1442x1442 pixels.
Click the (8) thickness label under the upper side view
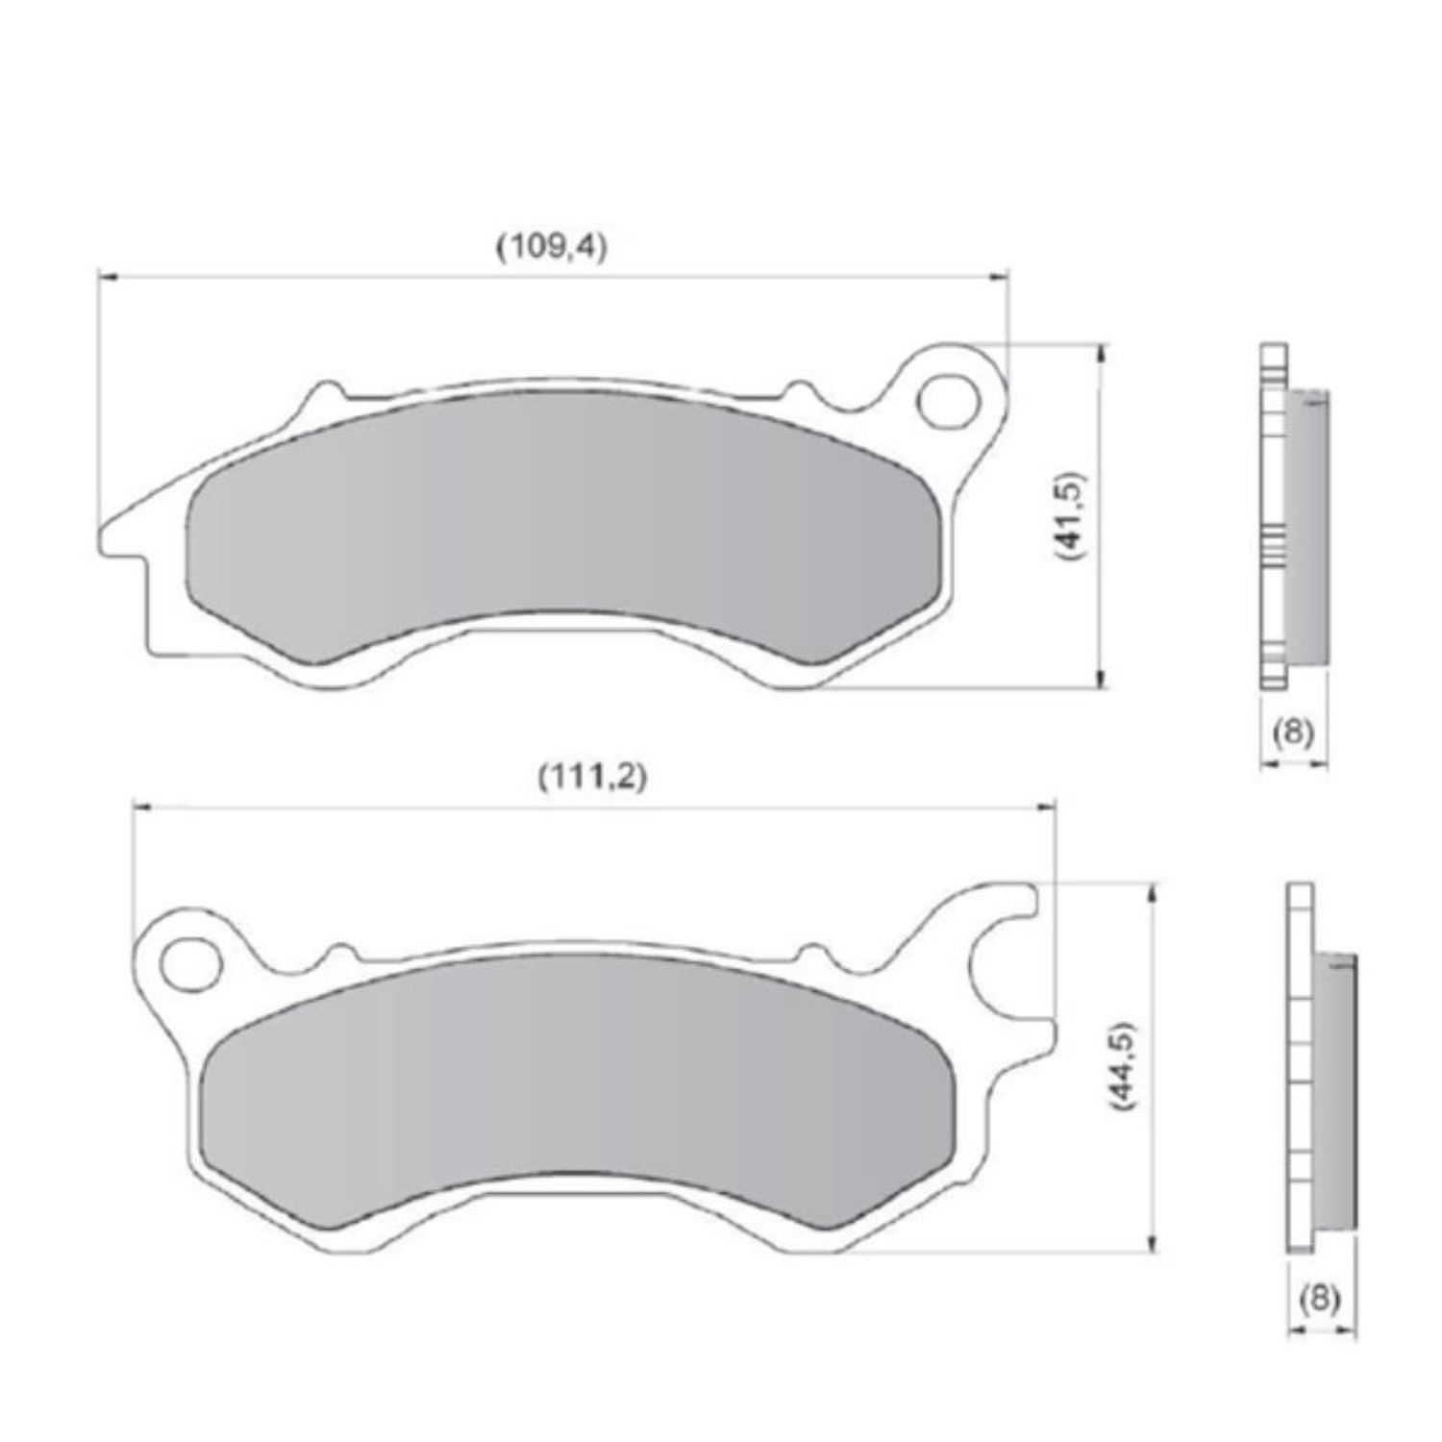click(x=1293, y=733)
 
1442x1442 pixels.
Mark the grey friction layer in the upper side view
click(x=1306, y=526)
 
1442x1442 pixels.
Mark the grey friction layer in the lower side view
click(x=1336, y=1090)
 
